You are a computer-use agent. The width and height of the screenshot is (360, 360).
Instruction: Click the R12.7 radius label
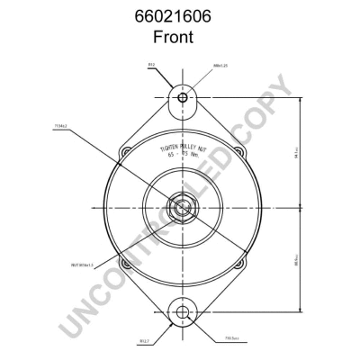144,341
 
